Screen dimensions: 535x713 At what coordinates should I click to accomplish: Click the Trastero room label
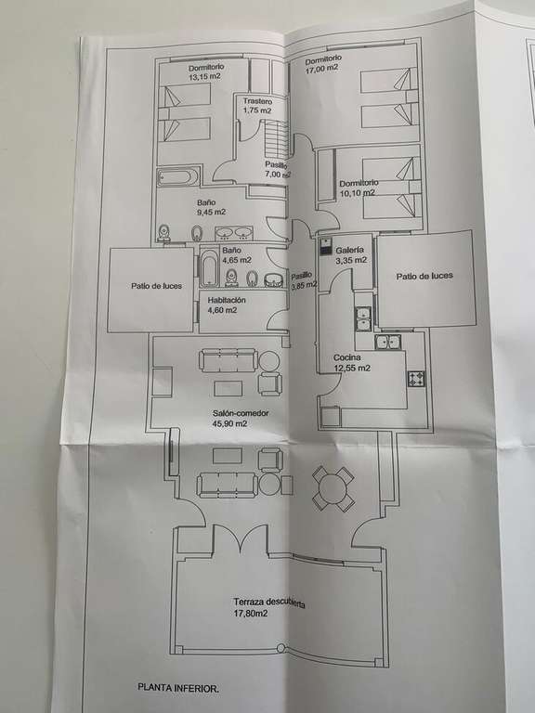tap(257, 101)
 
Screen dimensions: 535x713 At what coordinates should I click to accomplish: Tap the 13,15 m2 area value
tap(204, 76)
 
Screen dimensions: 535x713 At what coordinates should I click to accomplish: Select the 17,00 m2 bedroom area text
tap(322, 68)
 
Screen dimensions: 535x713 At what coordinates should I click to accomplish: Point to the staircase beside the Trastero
tap(276, 137)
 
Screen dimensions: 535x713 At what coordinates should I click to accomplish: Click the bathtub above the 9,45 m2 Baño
tap(178, 176)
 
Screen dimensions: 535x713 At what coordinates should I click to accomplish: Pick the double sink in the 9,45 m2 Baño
tap(234, 233)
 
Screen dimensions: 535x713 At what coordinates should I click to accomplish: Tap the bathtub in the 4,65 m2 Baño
tap(209, 268)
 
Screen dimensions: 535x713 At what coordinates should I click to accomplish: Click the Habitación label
tap(227, 300)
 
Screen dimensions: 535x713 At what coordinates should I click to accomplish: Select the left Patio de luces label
tap(156, 286)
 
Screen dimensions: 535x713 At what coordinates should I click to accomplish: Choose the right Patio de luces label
tap(424, 276)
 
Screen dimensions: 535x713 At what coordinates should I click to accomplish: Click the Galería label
tap(349, 250)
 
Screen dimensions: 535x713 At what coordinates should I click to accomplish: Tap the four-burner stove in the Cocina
tap(416, 379)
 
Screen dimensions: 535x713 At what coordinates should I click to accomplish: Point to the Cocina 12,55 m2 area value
tap(352, 368)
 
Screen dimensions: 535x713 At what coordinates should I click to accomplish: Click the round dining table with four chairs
tap(333, 489)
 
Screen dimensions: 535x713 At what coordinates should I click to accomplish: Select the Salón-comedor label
tap(241, 413)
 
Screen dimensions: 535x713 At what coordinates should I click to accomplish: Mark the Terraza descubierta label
tap(268, 603)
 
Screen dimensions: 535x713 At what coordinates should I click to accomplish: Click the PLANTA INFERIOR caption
tap(178, 689)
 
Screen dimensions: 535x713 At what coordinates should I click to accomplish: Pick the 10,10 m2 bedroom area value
tap(357, 193)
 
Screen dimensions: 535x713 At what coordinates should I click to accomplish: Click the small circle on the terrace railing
tap(281, 647)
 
